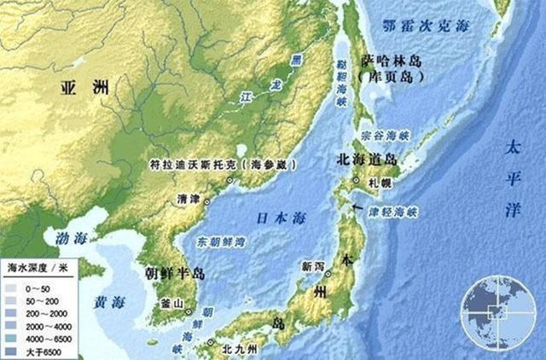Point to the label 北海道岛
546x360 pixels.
366,159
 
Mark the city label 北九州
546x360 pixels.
237,346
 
